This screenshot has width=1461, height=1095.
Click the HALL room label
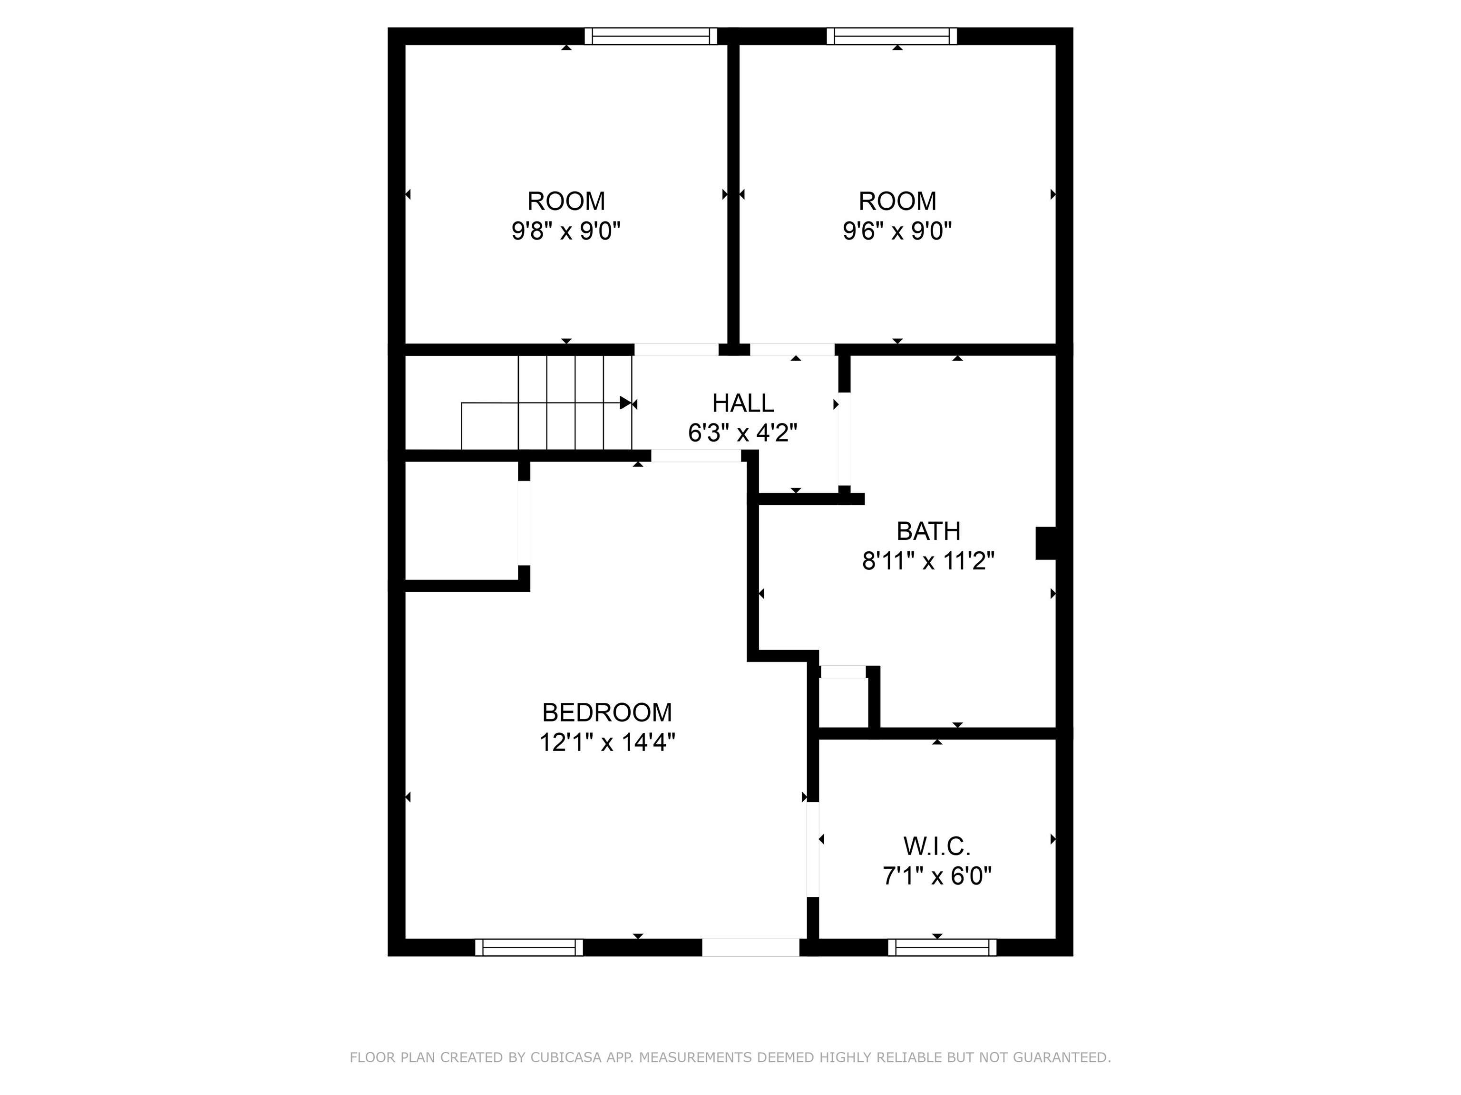pyautogui.click(x=742, y=403)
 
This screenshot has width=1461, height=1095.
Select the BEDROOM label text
pyautogui.click(x=607, y=713)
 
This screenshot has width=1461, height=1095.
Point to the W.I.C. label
pyautogui.click(x=936, y=846)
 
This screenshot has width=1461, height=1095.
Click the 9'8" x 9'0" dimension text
pyautogui.click(x=566, y=231)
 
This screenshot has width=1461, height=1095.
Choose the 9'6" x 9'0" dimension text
pyautogui.click(x=897, y=231)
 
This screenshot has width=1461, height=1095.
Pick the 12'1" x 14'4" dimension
pyautogui.click(x=607, y=743)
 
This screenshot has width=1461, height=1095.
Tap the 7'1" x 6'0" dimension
pyautogui.click(x=936, y=876)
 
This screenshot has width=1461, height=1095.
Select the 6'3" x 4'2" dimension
pyautogui.click(x=742, y=433)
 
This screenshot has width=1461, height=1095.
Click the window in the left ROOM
pyautogui.click(x=651, y=36)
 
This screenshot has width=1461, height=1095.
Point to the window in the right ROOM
pyautogui.click(x=892, y=36)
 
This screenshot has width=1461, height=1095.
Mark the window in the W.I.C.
pyautogui.click(x=942, y=948)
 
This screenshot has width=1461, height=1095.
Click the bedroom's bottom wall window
pyautogui.click(x=529, y=948)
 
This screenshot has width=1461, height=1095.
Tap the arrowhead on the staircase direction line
pyautogui.click(x=625, y=403)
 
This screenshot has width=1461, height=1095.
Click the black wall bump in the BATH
pyautogui.click(x=1045, y=543)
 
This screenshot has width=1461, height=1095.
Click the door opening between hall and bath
pyautogui.click(x=844, y=439)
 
